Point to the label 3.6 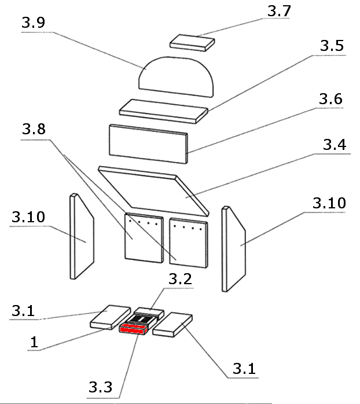(330, 99)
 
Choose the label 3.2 (181, 279)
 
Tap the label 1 (34, 343)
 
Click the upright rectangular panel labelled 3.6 (148, 142)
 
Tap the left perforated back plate (143, 237)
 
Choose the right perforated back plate (188, 242)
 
